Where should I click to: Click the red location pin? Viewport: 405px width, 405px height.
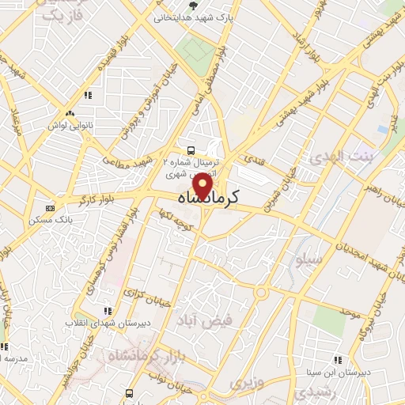coord(203,186)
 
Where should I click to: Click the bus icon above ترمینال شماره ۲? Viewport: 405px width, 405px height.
coord(190,150)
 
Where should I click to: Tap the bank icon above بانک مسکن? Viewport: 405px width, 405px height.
coord(51,207)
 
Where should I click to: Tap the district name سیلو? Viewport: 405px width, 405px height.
coord(308,260)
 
